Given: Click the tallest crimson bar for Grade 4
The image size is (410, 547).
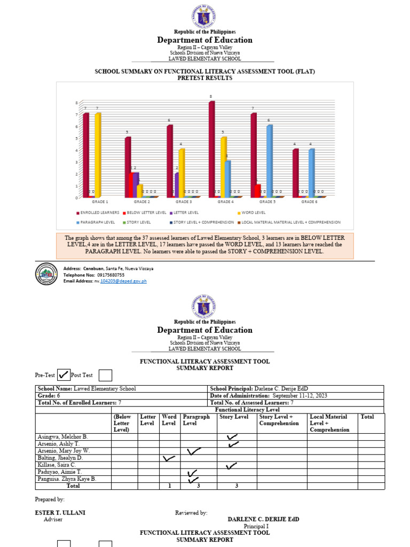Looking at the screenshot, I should pos(211,150).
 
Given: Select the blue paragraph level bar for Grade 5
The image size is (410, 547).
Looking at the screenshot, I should pos(270,161).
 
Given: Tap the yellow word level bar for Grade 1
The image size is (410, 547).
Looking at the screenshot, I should pos(98,155).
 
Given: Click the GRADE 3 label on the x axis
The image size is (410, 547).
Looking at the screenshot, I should pos(183,202).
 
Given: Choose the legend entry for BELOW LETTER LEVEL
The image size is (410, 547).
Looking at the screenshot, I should pos(145,213).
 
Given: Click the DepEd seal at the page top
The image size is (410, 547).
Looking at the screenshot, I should pos(204,16).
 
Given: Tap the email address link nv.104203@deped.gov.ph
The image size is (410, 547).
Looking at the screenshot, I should pos(120,280).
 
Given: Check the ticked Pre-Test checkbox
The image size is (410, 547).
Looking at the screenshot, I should pos(63,375).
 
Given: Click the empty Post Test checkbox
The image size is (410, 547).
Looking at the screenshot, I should pos(106,376).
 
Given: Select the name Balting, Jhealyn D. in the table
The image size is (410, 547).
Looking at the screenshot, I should pos(60,458).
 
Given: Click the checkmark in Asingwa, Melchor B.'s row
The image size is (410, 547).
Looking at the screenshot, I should pos(232,437).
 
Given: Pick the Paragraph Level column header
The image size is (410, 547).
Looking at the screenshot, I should pos(196,420).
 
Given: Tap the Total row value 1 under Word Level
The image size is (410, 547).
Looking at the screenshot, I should pos(169,486).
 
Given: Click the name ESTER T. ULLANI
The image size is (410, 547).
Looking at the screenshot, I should pos(60,513).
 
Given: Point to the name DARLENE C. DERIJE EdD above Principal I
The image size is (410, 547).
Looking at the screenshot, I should pos(263,519).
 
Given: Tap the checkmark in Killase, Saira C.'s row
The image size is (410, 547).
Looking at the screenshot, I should pos(231,466).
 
